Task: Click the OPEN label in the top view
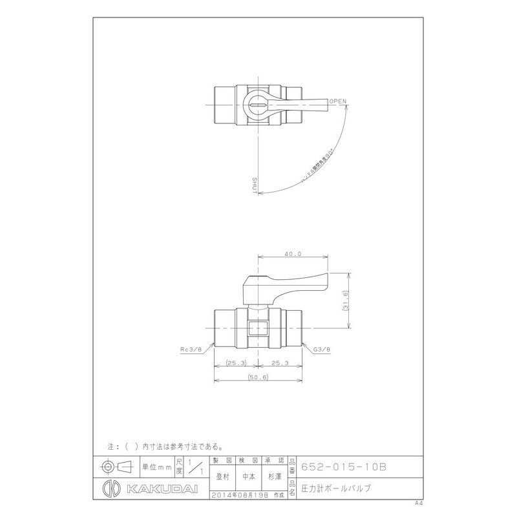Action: (338, 101)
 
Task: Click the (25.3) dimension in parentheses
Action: (236, 364)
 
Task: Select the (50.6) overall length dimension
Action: (258, 377)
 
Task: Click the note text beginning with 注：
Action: (165, 446)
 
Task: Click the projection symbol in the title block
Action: (118, 466)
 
